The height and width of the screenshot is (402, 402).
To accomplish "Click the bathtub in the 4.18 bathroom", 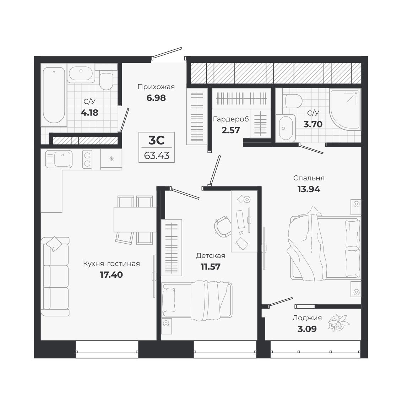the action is point(54,95).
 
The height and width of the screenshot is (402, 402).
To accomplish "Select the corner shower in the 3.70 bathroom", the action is point(345,108).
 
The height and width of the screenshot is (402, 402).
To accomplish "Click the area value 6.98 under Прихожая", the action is point(156,98).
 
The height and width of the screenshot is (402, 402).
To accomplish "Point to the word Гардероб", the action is point(231,119).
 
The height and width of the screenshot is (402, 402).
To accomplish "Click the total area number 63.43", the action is point(157,156).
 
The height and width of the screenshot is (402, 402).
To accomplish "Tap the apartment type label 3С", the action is point(156,141).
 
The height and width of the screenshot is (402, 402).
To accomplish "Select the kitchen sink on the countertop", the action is point(59,159).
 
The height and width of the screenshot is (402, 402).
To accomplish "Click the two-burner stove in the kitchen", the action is point(87,159).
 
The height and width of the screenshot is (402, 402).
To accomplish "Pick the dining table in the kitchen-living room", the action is point(135,219).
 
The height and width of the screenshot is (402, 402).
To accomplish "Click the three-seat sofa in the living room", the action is point(55,276).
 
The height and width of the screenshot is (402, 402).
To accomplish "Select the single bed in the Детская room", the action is point(197,300).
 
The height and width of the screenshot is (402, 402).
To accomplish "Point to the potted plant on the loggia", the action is point(338,323).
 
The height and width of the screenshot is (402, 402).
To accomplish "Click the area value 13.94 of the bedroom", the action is point(309,189).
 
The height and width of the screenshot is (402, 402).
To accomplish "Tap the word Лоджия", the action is point(307,318).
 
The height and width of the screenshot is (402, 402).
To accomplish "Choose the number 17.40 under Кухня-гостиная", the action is point(111,275).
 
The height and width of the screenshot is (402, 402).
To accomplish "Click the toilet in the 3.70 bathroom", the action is point(293,101).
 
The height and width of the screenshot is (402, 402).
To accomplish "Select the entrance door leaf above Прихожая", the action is point(167,53).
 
